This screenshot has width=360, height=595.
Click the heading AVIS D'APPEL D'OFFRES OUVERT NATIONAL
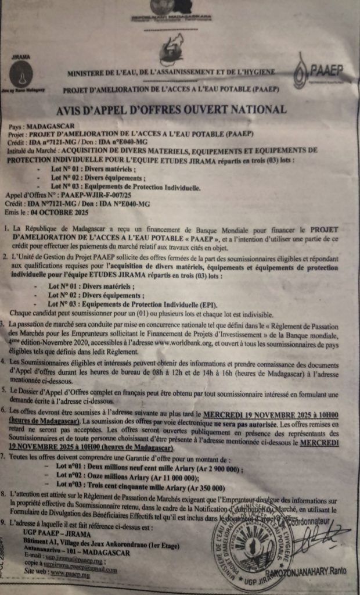(x=179, y=109)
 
